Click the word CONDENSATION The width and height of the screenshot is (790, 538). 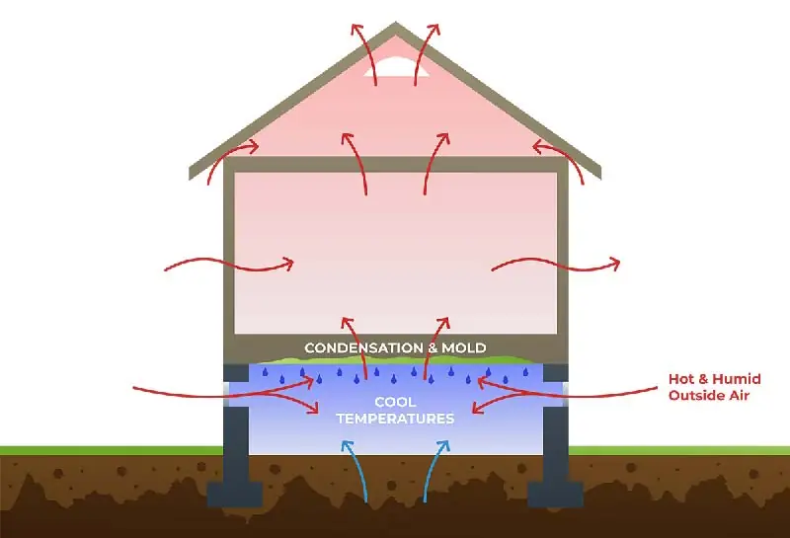point(363,347)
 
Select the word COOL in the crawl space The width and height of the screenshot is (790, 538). point(395,402)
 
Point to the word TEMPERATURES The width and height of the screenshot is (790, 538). point(396,419)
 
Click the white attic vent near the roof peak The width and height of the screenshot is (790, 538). point(396,67)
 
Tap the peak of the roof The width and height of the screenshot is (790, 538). point(396,23)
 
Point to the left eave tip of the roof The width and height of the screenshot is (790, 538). point(191,174)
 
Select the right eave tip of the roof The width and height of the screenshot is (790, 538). point(599,174)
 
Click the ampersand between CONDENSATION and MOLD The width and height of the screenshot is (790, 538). point(432,348)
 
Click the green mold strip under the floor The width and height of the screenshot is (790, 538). point(396,359)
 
